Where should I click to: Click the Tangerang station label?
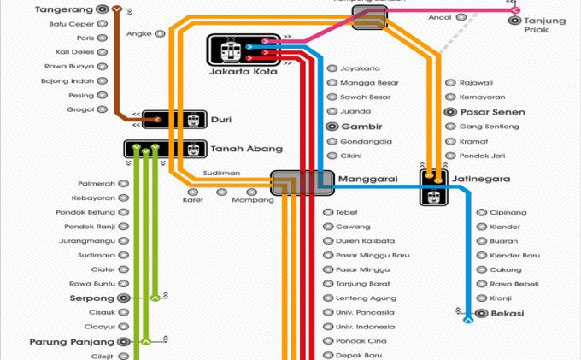pos(63,9)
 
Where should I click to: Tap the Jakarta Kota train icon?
pos(228,51)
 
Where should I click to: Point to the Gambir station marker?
pos(332,127)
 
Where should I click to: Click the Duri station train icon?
pos(193,121)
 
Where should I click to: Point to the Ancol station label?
pos(440,17)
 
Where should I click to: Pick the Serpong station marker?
pos(123,298)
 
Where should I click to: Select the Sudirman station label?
pos(221,174)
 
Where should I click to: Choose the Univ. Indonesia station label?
pos(364,328)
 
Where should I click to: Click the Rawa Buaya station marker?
pos(102,67)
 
